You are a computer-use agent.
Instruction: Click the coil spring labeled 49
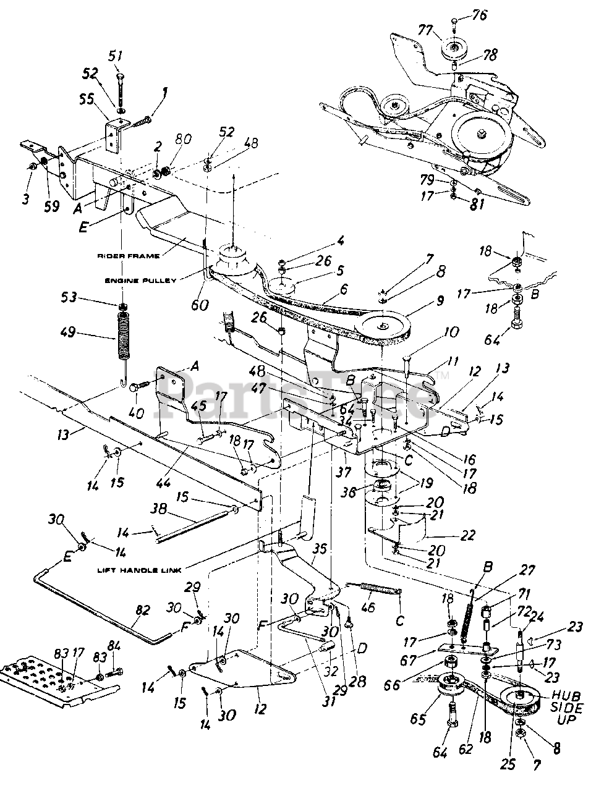124,336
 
